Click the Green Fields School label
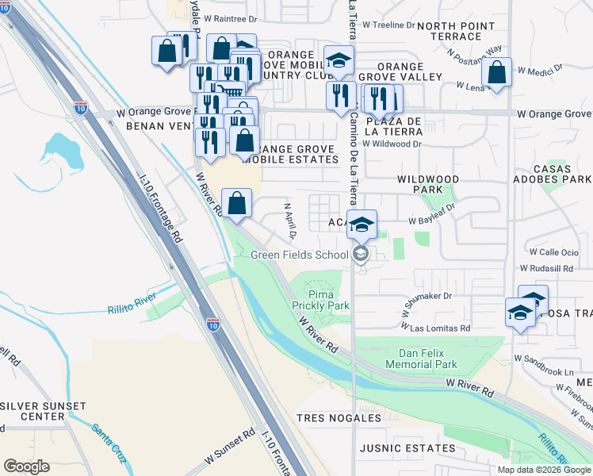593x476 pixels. (x=299, y=255)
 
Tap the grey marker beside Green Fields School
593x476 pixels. (x=361, y=254)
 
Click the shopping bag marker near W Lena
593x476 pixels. (x=496, y=73)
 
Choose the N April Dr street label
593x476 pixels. (x=289, y=221)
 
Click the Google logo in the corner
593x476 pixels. (x=26, y=466)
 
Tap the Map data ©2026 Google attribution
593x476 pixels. (x=543, y=470)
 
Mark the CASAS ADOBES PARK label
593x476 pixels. (x=553, y=175)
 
